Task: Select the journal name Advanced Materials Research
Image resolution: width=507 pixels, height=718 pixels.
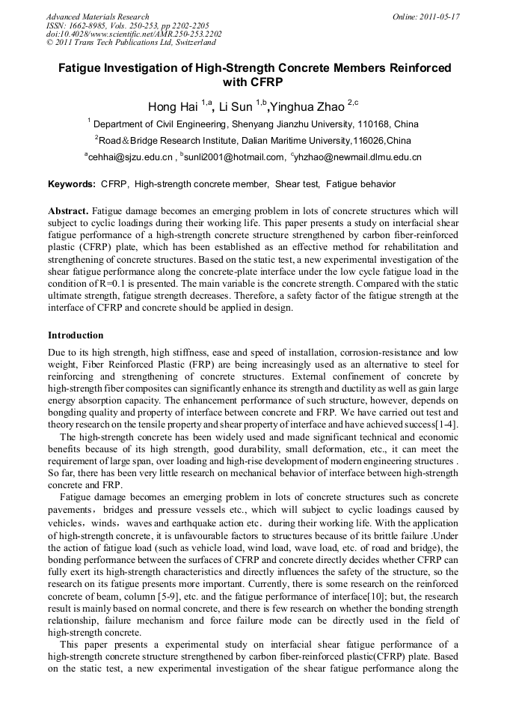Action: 97,16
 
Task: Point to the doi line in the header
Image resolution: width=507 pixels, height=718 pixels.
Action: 134,34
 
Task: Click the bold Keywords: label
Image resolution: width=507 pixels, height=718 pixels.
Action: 72,184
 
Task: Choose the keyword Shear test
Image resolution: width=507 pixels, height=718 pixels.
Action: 298,184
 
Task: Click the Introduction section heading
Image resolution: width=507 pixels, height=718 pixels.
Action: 76,335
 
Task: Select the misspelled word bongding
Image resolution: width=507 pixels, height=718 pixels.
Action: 69,413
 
